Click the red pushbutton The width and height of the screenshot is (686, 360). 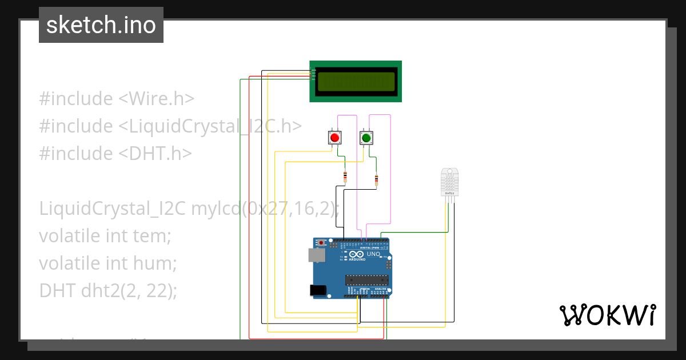pos(334,138)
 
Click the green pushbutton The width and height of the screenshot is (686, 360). pos(366,138)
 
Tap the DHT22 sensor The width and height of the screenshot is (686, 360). pos(449,182)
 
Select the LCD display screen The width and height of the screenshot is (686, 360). pos(356,81)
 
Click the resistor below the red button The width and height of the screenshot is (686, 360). pos(345,177)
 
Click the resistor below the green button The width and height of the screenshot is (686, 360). pos(376,181)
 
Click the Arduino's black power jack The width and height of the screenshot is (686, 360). pos(318,290)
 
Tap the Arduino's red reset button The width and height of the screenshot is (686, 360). pos(321,243)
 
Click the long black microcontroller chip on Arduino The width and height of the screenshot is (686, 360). pos(366,279)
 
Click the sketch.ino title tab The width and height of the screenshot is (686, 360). pos(101,25)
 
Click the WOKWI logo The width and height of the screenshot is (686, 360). pos(607,315)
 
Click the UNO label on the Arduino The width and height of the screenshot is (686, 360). pos(373,254)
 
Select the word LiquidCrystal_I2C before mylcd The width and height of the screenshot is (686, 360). pos(113,209)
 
